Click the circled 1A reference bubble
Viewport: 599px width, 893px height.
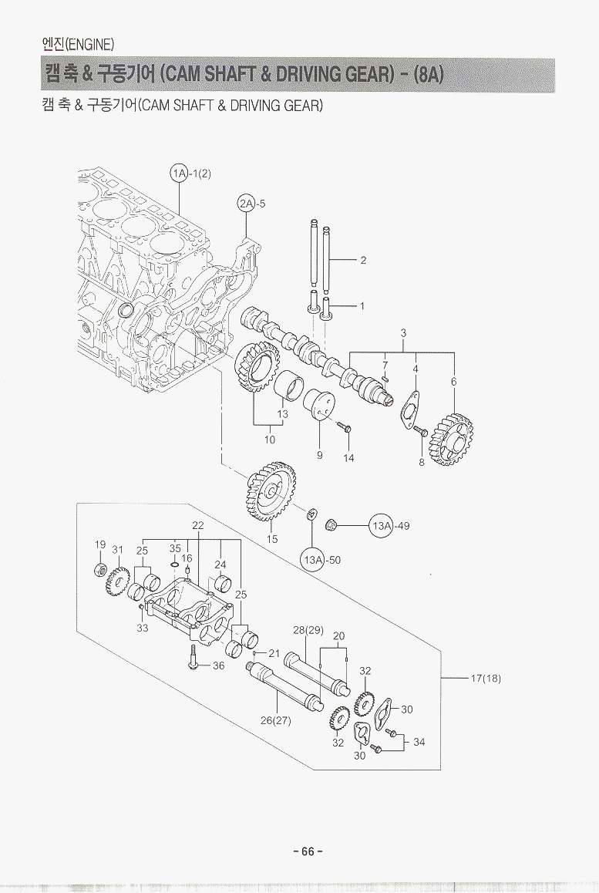pyautogui.click(x=180, y=174)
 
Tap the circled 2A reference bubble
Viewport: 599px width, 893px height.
pyautogui.click(x=246, y=204)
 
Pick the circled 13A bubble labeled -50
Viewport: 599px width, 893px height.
pyautogui.click(x=312, y=560)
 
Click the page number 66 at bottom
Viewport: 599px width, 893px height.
pyautogui.click(x=308, y=851)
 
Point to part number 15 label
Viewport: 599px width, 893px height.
pyautogui.click(x=272, y=539)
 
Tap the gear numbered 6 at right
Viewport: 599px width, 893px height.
pyautogui.click(x=453, y=436)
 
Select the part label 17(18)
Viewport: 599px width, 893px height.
pyautogui.click(x=486, y=679)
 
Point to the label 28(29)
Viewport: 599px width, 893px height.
pyautogui.click(x=308, y=630)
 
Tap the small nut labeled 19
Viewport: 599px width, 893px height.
pyautogui.click(x=99, y=570)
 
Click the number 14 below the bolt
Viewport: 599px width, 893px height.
pyautogui.click(x=349, y=458)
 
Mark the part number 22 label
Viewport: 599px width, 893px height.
pyautogui.click(x=197, y=525)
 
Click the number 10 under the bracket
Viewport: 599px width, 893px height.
pyautogui.click(x=270, y=440)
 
